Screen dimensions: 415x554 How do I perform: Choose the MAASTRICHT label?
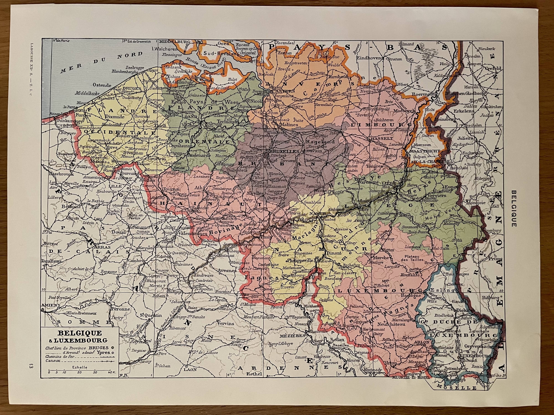[x=421, y=151]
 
